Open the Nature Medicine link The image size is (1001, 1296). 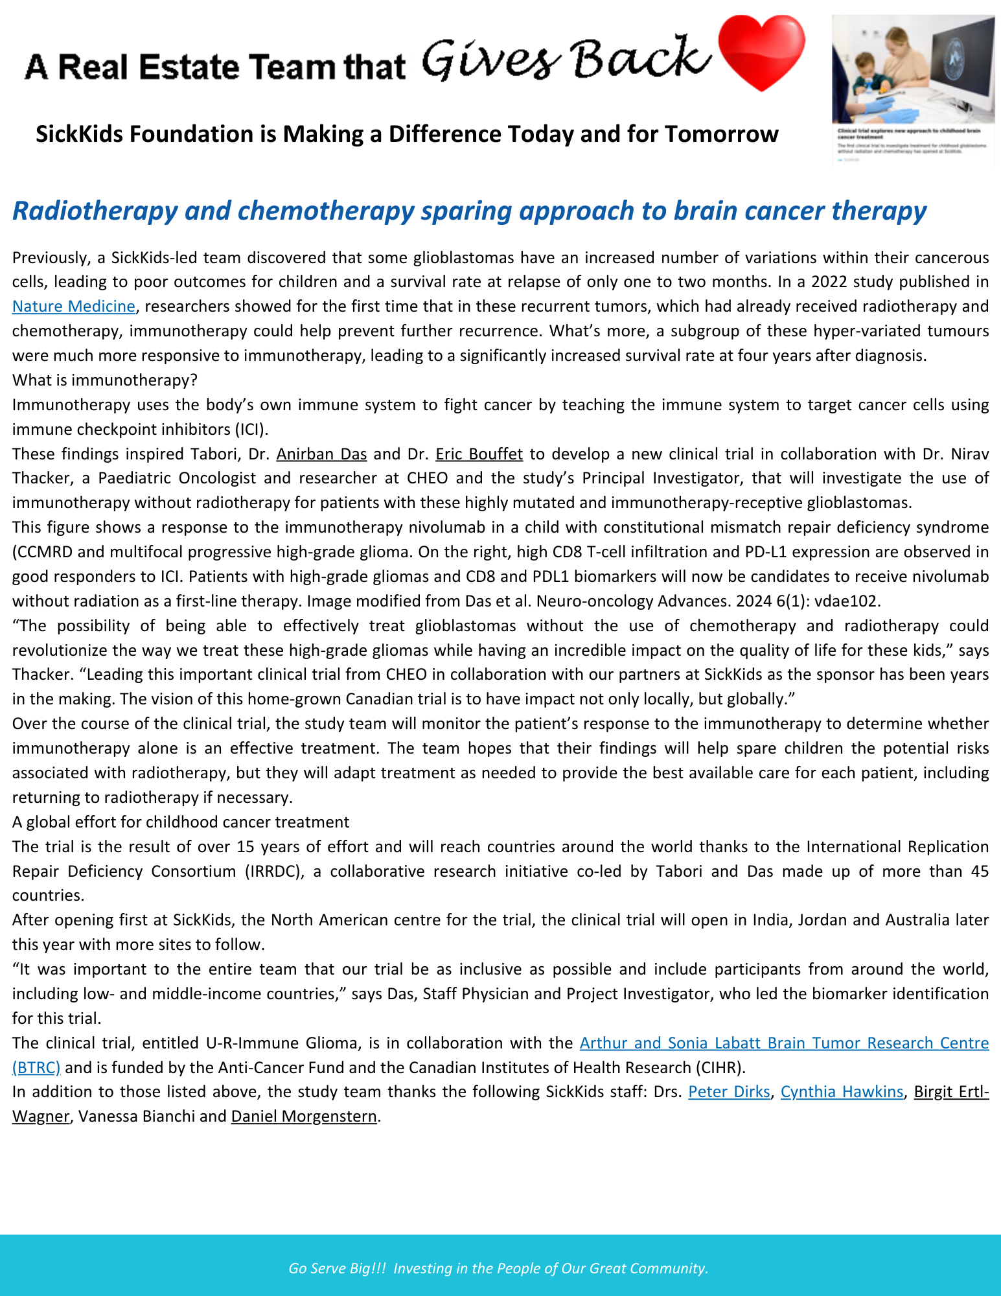[73, 307]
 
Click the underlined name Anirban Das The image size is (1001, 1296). [321, 454]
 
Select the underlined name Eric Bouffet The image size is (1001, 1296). [479, 454]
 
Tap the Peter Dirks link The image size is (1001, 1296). [729, 1092]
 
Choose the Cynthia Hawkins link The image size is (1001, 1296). [842, 1092]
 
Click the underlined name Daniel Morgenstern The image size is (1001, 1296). [304, 1117]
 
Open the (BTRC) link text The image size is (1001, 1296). [36, 1067]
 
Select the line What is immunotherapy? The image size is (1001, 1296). [104, 380]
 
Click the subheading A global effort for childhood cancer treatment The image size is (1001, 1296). [181, 822]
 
